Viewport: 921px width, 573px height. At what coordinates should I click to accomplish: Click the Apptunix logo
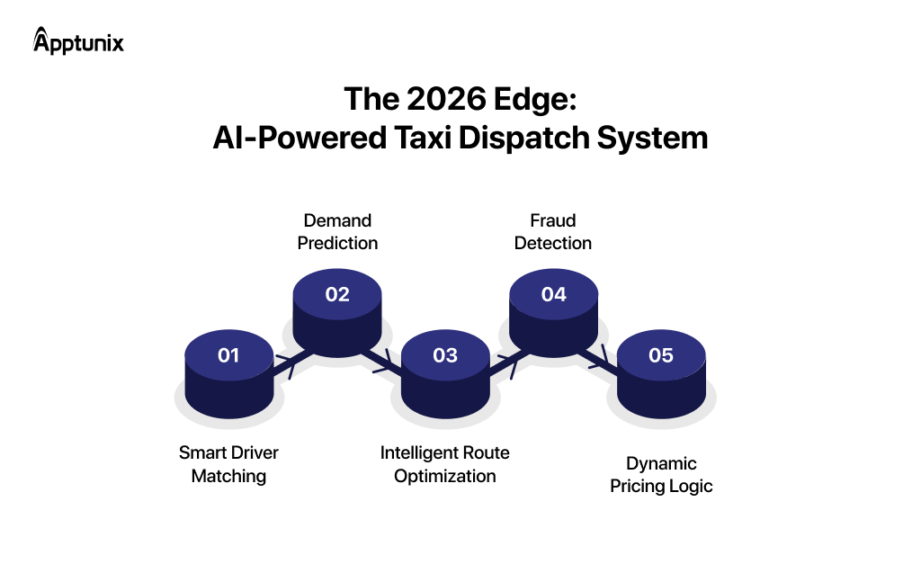coord(78,41)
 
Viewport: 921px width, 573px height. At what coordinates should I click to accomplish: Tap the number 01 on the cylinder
coord(228,355)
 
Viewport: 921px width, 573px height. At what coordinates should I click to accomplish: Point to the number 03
coord(445,355)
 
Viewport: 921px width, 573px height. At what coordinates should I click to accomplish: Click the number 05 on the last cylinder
coord(661,355)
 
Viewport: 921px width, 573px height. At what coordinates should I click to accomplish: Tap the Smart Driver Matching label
coord(228,464)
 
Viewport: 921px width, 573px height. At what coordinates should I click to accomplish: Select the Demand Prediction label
coord(337,231)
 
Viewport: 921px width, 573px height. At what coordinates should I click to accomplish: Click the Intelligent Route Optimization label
coord(445,464)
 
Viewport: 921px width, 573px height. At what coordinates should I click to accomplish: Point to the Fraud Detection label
coord(553,231)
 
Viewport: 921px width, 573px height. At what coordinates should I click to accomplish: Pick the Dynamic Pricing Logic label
coord(661,475)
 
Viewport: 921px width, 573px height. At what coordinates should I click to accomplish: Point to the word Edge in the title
coord(537,99)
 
